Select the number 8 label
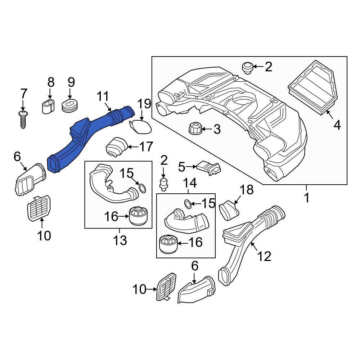click(51, 82)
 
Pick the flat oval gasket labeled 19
click(140, 126)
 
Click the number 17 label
click(146, 147)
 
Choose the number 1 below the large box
click(307, 198)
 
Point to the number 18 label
click(247, 190)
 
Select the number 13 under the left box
click(120, 240)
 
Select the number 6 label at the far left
click(17, 157)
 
